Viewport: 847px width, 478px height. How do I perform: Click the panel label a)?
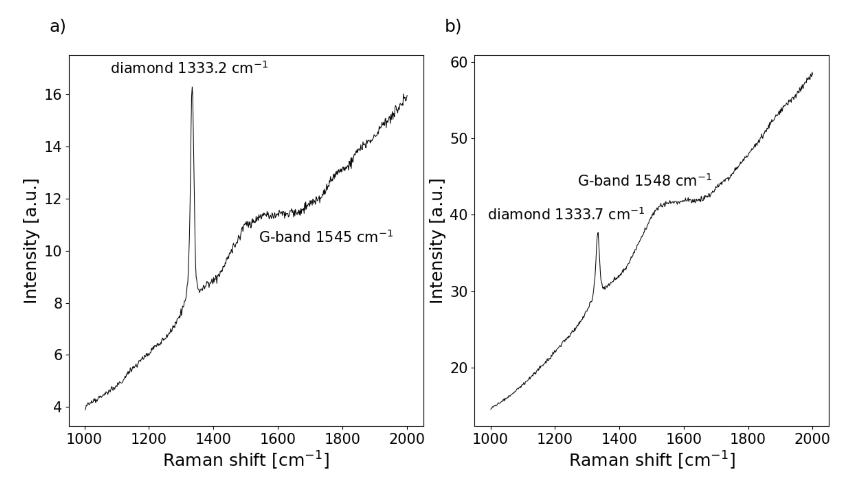click(58, 26)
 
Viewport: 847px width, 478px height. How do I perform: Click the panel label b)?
click(453, 26)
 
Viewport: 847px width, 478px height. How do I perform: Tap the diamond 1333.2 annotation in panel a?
click(189, 68)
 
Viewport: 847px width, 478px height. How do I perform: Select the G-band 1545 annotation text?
click(326, 237)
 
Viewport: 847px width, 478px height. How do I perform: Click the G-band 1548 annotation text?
click(644, 180)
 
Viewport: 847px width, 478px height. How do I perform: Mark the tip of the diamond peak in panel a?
click(192, 87)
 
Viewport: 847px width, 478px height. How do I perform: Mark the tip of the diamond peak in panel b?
click(598, 233)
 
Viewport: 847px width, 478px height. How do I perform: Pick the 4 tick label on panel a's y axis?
click(58, 407)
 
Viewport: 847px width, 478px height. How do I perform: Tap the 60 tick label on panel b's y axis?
click(459, 62)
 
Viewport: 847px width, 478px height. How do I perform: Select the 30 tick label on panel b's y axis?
click(459, 291)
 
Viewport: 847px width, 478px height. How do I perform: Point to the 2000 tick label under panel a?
click(407, 439)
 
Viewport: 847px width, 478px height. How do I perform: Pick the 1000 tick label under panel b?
click(490, 439)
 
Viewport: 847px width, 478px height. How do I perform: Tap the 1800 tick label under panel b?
click(748, 439)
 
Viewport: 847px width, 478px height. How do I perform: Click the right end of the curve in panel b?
click(812, 73)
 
